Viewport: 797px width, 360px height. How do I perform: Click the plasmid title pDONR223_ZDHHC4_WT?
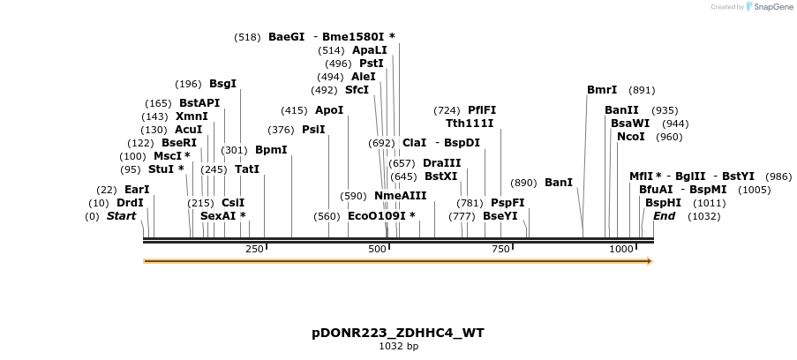point(397,333)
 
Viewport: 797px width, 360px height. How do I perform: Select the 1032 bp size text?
point(397,347)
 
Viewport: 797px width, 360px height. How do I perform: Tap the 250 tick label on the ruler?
point(254,250)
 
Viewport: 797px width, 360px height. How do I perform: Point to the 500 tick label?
point(378,250)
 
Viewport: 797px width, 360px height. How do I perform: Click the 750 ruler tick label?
point(500,250)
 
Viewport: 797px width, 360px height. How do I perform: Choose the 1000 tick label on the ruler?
point(621,250)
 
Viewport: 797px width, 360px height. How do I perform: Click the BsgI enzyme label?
point(222,84)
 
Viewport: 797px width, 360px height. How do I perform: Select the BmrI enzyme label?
point(602,90)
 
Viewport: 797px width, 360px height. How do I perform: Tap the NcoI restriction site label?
point(631,137)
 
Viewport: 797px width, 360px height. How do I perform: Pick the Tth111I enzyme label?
point(470,124)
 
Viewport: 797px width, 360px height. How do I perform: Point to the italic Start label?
point(122,216)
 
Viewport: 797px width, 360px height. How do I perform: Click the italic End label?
point(664,216)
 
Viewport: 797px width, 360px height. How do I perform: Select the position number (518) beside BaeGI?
point(247,37)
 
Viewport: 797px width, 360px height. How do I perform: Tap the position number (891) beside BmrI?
point(642,90)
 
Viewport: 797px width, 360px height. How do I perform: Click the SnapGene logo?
point(768,7)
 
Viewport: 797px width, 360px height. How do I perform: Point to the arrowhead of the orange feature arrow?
point(649,261)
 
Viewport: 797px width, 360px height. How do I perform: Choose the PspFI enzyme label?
point(508,203)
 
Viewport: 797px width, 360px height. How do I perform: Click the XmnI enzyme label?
point(192,116)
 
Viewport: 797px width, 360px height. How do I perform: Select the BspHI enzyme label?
point(663,203)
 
